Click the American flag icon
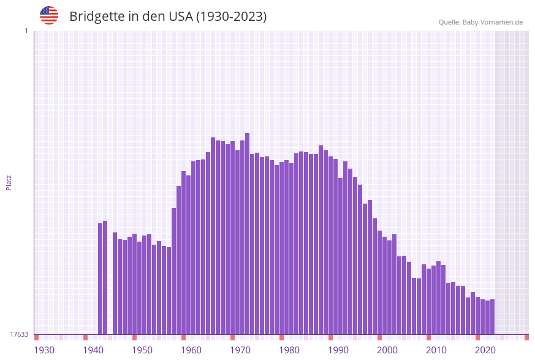coord(49,15)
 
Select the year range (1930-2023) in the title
coord(231,17)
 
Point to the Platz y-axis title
coord(9,182)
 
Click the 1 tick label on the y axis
coord(26,31)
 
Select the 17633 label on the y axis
coord(19,334)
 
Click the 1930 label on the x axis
coord(44,350)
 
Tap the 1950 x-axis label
coord(142,350)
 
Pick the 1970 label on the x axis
coord(240,350)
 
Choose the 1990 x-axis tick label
coord(338,350)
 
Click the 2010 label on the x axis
coord(436,350)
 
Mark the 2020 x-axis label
coord(485,350)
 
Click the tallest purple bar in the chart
coord(247,233)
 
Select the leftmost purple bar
coord(101,278)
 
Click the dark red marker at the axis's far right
coord(526,337)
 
